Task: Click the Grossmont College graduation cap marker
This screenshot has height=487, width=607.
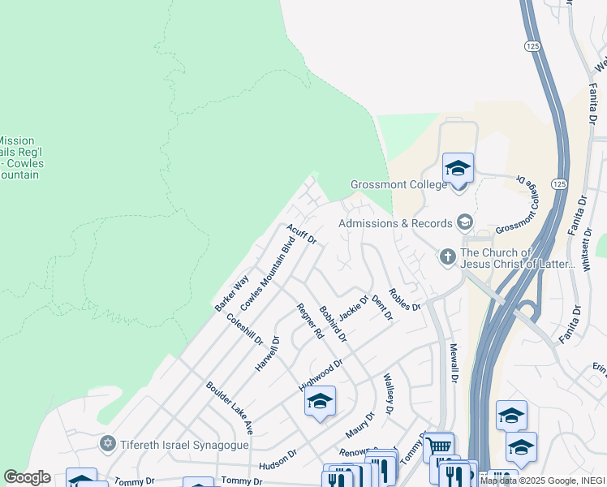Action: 458,169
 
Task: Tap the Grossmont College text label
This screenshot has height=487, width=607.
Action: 398,184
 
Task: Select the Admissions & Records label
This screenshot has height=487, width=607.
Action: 395,223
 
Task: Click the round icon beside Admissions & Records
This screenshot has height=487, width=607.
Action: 465,221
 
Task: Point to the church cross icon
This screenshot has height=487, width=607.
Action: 447,257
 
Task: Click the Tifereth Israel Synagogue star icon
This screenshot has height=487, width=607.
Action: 107,443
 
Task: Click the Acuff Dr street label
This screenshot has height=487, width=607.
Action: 301,235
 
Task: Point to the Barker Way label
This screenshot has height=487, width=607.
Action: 231,294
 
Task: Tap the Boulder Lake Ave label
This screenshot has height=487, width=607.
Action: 230,408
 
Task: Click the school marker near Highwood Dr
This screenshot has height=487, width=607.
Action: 320,401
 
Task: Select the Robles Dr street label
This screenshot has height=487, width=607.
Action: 404,300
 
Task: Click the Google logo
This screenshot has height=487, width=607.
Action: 27,477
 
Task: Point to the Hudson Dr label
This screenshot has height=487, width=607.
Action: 278,459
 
